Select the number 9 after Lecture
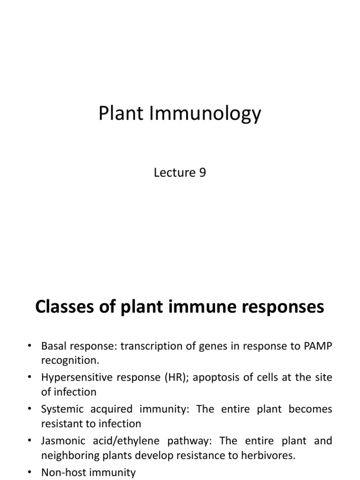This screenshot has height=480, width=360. [x=202, y=172]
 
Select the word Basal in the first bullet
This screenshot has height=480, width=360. [x=54, y=346]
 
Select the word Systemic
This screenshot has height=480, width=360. [x=60, y=409]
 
